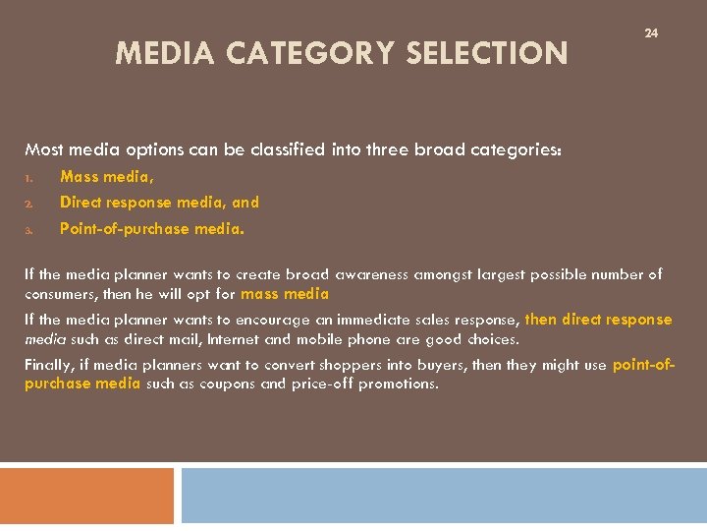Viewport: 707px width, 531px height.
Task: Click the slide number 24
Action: tap(651, 33)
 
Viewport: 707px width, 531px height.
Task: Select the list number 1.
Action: tap(29, 179)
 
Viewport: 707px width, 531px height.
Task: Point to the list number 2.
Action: tap(29, 204)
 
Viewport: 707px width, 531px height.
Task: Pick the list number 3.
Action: tap(29, 230)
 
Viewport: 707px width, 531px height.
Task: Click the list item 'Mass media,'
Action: tap(107, 177)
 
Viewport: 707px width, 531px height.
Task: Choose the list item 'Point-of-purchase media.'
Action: tap(152, 228)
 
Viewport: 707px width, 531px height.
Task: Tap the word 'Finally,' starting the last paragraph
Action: tap(49, 365)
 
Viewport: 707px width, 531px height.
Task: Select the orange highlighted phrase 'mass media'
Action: tap(285, 293)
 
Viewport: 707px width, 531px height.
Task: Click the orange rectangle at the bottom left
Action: tap(86, 496)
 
